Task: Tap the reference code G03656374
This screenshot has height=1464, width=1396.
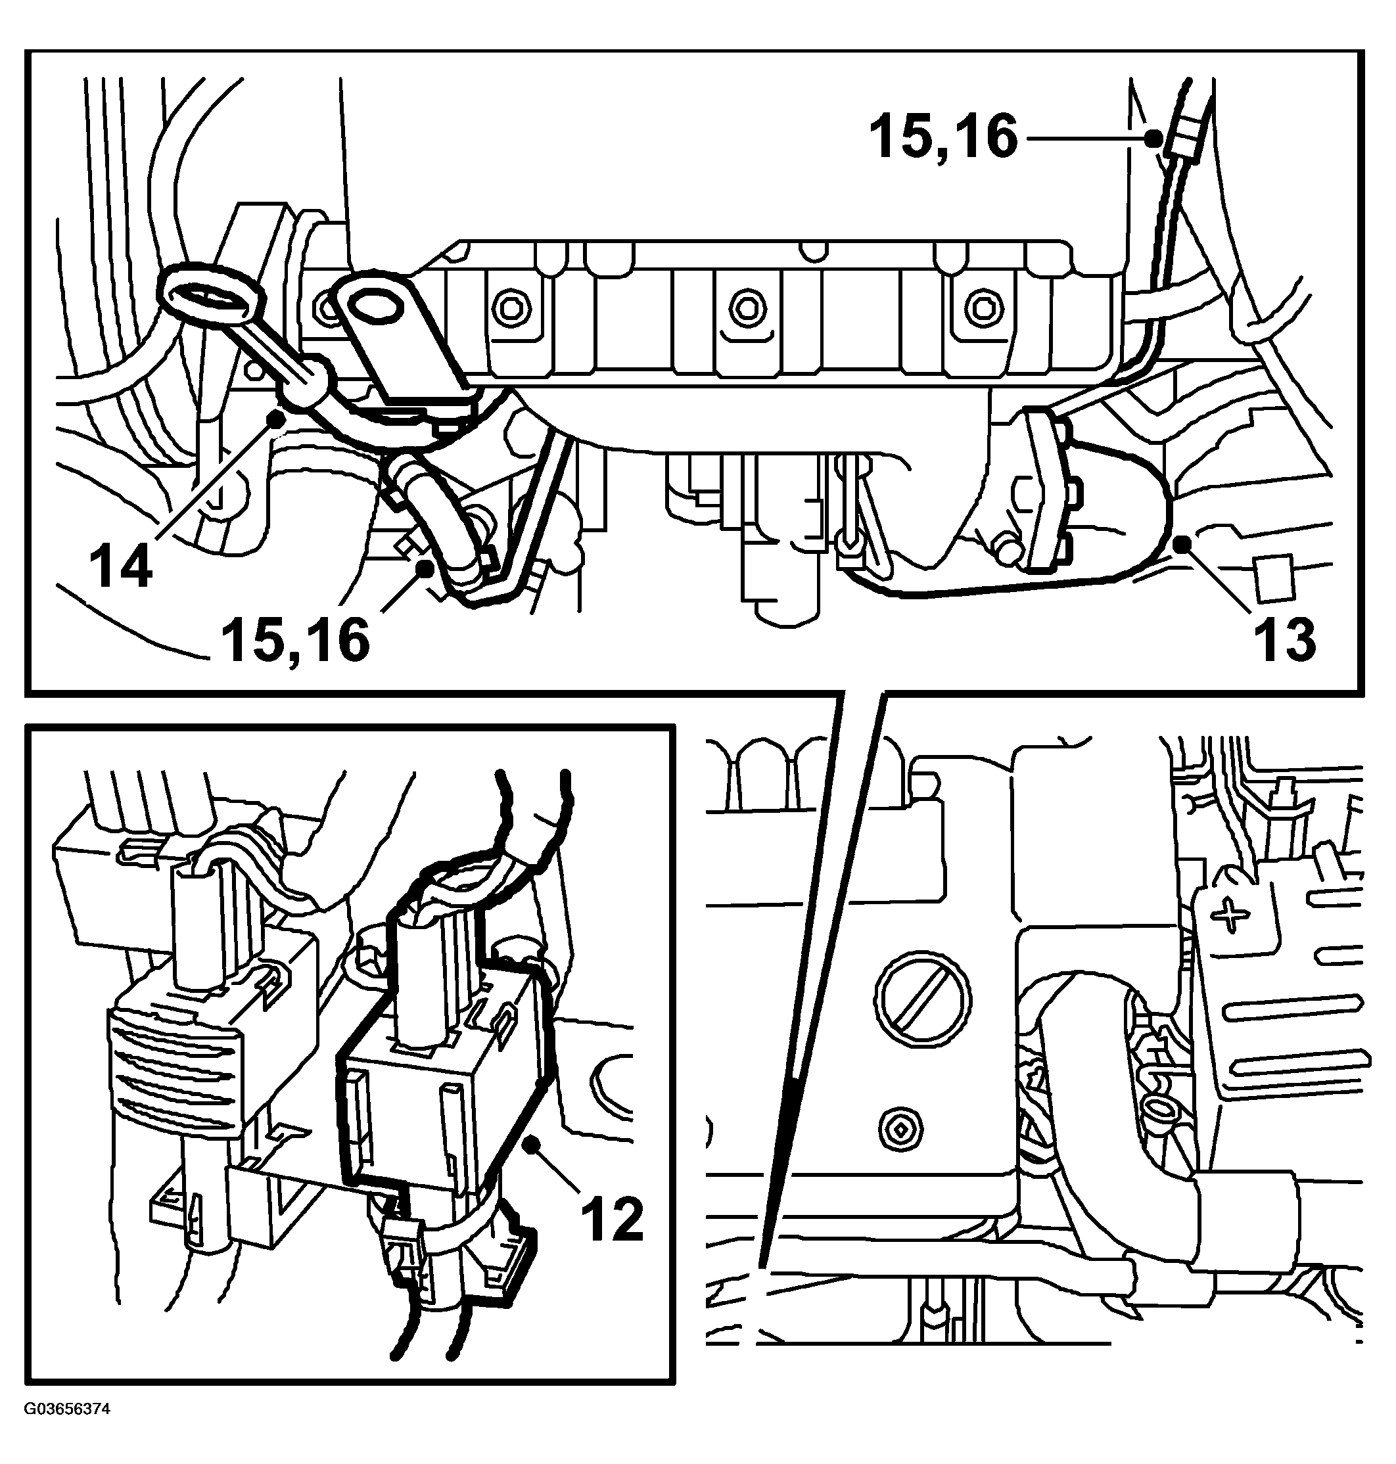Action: click(67, 1409)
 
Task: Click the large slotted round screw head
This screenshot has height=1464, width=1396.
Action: click(924, 996)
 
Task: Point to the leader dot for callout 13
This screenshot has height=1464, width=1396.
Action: click(1180, 547)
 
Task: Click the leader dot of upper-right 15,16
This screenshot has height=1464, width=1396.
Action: click(1153, 137)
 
